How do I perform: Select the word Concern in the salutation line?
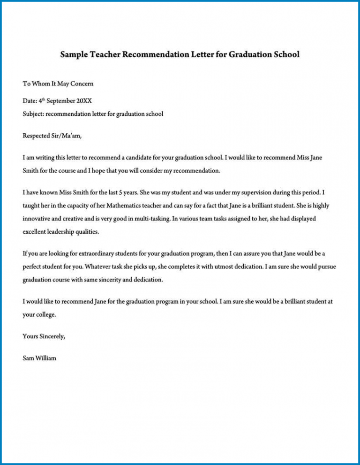coord(82,84)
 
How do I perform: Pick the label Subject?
coord(33,114)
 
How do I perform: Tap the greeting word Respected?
coord(37,136)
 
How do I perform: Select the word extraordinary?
coord(90,254)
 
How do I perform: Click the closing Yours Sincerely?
coord(44,336)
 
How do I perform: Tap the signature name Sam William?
coord(39,358)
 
